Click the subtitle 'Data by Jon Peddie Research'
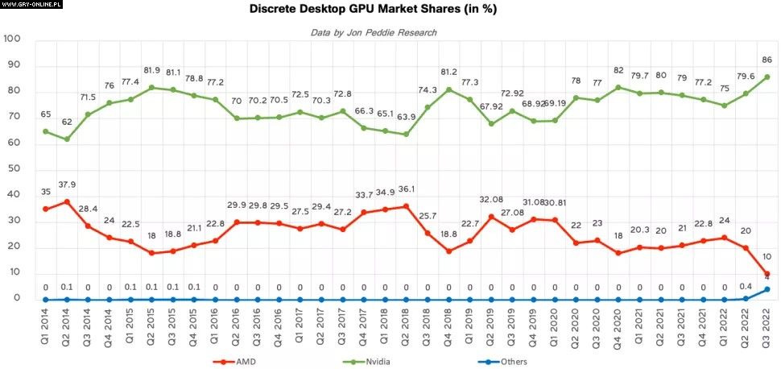tap(374, 33)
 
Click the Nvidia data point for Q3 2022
tap(767, 77)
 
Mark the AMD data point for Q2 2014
tap(66, 201)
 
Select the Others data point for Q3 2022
tap(767, 289)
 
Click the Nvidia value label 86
tap(767, 60)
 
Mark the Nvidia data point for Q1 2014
tap(45, 131)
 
